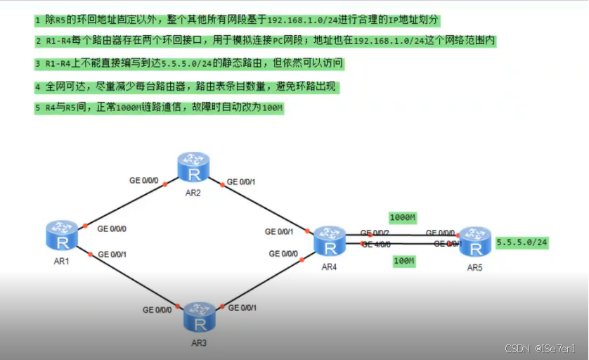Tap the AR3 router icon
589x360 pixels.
(x=200, y=318)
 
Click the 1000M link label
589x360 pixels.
(x=403, y=217)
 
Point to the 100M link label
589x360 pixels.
(x=403, y=261)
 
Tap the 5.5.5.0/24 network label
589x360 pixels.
(x=522, y=242)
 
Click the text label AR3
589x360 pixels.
(x=200, y=342)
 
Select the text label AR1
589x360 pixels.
(x=63, y=261)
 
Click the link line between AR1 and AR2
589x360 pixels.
(x=127, y=205)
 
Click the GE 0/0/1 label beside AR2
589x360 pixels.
(x=241, y=182)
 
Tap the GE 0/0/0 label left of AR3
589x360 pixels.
(x=157, y=309)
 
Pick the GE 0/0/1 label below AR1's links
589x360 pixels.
(x=112, y=254)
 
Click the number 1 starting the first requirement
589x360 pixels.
(x=38, y=18)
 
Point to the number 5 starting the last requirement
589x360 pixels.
(x=38, y=108)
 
